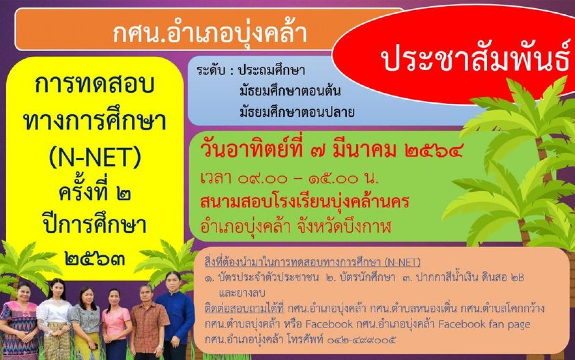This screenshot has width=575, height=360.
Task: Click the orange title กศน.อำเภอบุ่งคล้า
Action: tap(210, 34)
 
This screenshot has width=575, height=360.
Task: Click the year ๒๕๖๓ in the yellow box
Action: tap(95, 259)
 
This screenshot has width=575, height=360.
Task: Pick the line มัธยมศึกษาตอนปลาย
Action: tap(297, 111)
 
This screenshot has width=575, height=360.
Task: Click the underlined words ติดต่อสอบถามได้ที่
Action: tap(244, 309)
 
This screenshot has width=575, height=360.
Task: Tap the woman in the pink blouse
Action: tap(117, 324)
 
